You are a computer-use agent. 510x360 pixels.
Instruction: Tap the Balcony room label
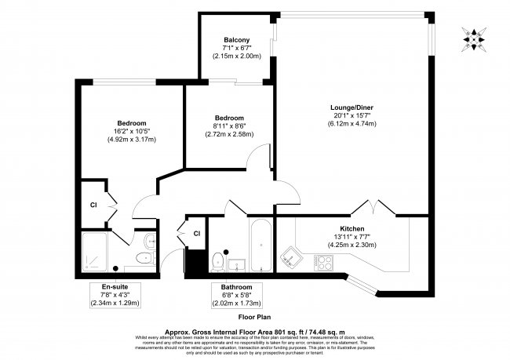(x=236, y=40)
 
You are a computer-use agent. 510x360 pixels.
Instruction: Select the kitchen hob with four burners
(x=323, y=262)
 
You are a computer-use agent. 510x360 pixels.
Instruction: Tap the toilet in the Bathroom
(x=219, y=258)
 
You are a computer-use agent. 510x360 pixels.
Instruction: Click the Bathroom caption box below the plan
(x=235, y=294)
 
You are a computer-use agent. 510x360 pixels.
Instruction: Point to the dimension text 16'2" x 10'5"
(x=131, y=132)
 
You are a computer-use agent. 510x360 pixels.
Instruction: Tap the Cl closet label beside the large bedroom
(x=92, y=205)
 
